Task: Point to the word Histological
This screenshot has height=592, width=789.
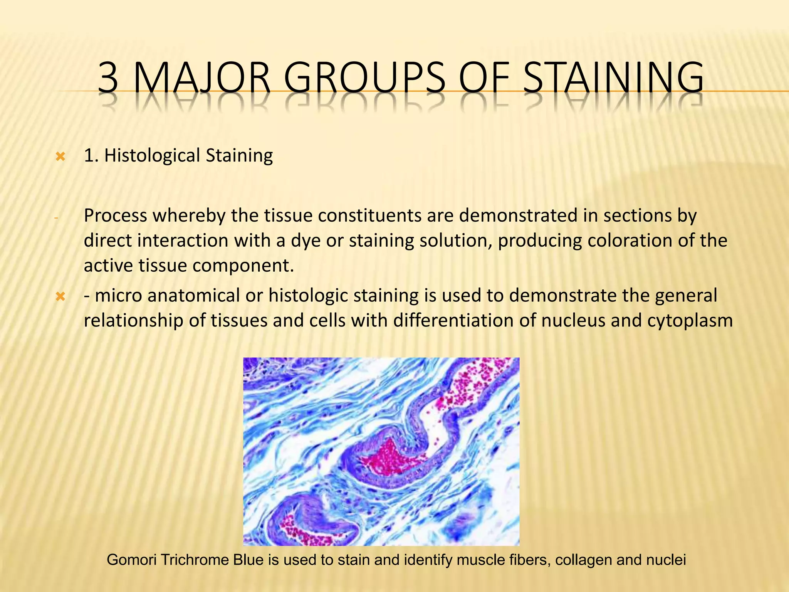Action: click(x=152, y=156)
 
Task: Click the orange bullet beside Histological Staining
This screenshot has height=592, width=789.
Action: click(x=60, y=156)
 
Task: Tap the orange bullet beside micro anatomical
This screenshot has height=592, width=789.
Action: click(x=60, y=296)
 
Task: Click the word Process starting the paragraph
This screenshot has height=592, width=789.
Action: click(x=115, y=216)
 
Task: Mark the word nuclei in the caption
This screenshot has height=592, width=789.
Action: click(x=667, y=560)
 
